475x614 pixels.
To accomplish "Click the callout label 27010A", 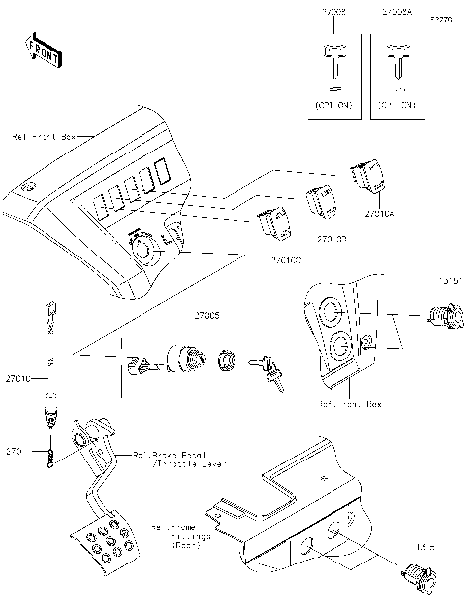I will (x=379, y=213).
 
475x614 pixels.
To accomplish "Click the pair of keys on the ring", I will (x=270, y=368).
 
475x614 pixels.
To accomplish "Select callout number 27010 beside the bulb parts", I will (x=19, y=378).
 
